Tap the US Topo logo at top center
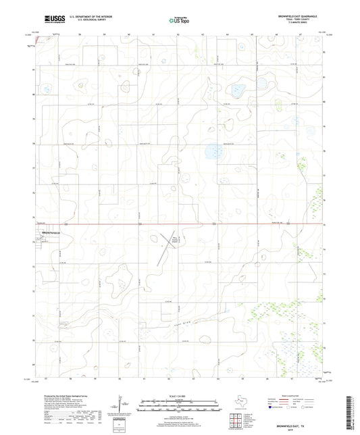coord(179,20)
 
